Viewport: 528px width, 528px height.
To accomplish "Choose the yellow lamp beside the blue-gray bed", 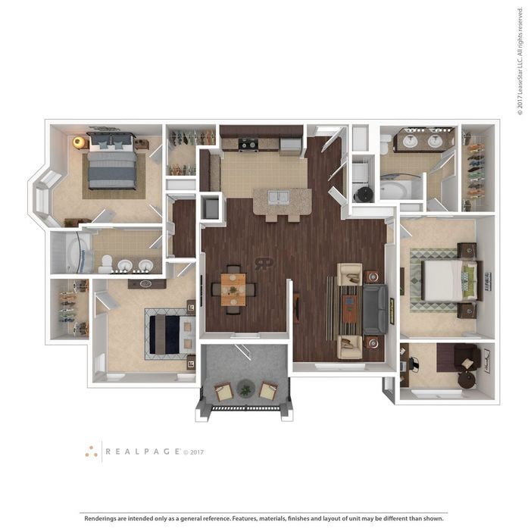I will coord(78,142).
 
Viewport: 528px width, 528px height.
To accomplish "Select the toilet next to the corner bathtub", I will coord(106,263).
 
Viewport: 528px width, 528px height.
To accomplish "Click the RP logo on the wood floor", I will coord(264,264).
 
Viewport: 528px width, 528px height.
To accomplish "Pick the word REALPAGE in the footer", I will coord(142,451).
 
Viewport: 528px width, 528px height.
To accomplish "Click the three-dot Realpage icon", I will coord(92,451).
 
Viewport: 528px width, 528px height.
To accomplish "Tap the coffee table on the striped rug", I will coord(348,307).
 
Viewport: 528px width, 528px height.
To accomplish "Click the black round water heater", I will coord(364,194).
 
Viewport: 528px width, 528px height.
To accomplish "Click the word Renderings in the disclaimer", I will coord(105,518).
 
